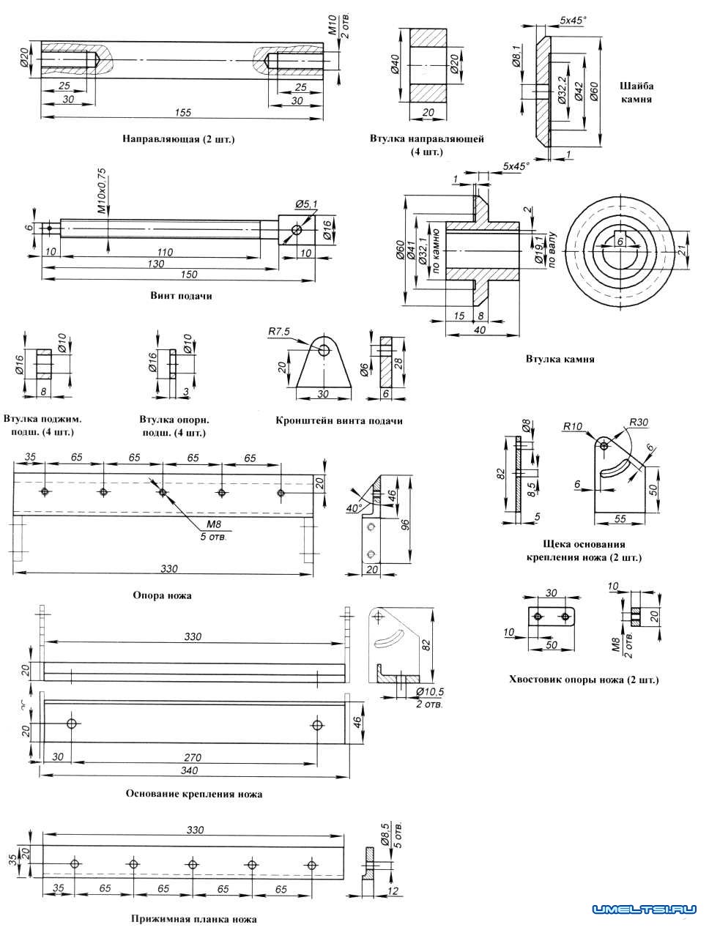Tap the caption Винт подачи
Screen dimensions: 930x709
[182, 297]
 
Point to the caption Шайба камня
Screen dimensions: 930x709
[636, 91]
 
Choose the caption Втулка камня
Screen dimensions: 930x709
[560, 360]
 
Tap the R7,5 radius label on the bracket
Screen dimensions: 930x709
[278, 332]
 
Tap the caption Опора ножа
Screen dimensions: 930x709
[162, 595]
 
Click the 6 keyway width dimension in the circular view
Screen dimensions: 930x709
[620, 241]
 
